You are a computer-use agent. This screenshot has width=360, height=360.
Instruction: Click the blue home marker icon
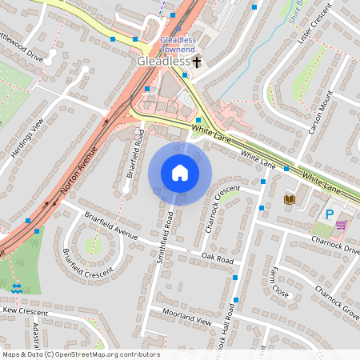click(180, 173)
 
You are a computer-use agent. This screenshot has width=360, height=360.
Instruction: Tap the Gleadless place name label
click(163, 61)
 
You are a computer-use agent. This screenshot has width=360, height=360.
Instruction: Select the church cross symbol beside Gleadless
click(197, 61)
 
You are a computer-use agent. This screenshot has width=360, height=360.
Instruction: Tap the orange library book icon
click(290, 198)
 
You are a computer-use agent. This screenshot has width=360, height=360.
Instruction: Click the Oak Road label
click(217, 260)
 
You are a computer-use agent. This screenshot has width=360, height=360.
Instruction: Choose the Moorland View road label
click(185, 314)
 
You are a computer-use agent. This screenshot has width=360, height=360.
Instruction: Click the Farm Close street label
click(279, 282)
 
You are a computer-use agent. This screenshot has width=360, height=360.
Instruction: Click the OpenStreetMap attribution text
click(80, 354)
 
